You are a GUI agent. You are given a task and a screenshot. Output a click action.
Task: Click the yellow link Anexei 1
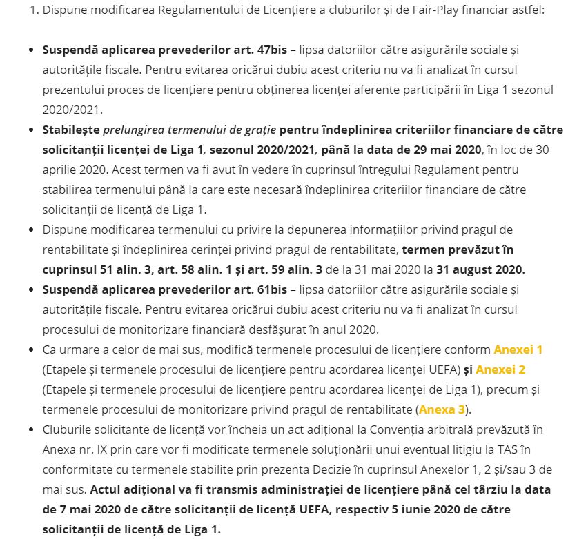point(518,349)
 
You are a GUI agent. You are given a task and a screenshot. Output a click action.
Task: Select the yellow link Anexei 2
point(500,369)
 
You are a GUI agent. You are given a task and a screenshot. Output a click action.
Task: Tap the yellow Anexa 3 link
point(442,409)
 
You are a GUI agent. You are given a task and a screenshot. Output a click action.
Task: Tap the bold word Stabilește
point(70,130)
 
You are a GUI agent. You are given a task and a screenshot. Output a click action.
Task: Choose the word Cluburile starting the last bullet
point(67,429)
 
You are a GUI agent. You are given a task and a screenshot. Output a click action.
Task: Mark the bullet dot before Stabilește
point(31,130)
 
